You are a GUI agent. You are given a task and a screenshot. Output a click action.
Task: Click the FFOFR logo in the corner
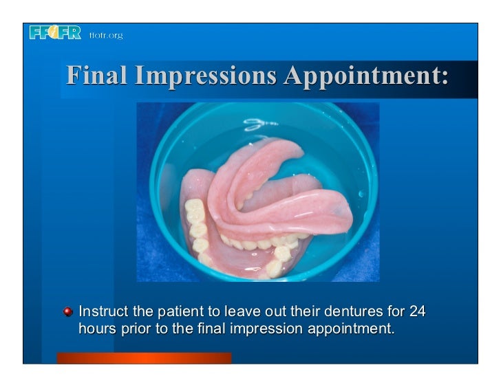pos(55,32)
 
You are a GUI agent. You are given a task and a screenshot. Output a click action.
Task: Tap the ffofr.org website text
pos(105,35)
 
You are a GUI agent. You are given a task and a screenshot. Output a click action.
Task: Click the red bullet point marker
pos(68,312)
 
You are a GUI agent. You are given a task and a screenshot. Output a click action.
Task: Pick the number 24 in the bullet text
pos(417,312)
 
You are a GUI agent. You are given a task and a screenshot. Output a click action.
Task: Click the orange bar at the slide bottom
pos(144,357)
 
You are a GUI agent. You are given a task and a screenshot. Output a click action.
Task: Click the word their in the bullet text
pos(315,312)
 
